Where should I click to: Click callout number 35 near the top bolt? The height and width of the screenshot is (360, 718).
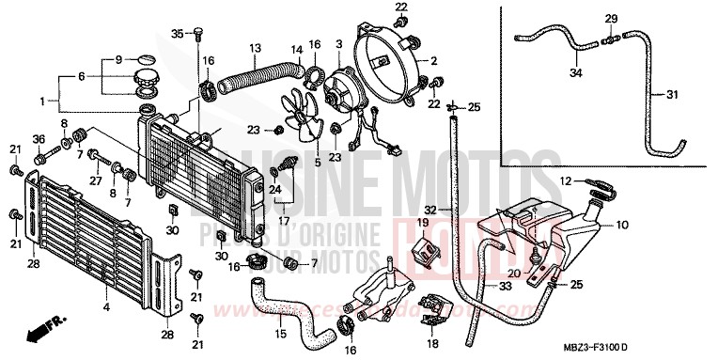coord(176,34)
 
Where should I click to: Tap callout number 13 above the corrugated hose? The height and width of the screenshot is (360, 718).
coord(255,47)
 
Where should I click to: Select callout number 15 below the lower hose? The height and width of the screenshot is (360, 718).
coord(281,334)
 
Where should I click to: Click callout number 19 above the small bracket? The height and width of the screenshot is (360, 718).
coord(423,223)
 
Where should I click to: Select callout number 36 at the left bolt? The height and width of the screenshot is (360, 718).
coord(39,140)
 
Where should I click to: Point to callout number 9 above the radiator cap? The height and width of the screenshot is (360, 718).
coord(118,59)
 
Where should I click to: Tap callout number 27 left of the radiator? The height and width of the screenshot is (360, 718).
coord(95,181)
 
